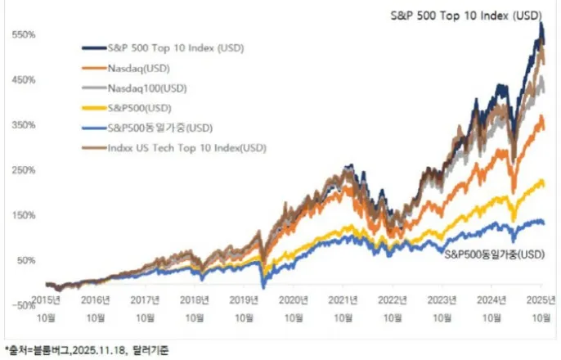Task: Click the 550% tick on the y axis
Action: pos(21,35)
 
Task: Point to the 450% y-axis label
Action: pos(21,80)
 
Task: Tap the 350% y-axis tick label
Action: pos(21,125)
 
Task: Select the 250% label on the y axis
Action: pos(21,170)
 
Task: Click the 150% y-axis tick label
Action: pos(21,215)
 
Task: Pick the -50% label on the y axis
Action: pos(20,305)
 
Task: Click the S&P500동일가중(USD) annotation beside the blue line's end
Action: pos(494,255)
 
